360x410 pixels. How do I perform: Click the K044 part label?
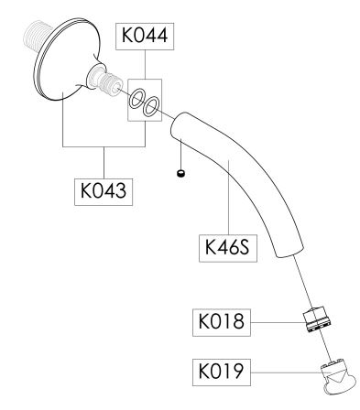click(145, 36)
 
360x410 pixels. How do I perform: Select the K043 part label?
click(104, 191)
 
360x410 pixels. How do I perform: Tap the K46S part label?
click(228, 248)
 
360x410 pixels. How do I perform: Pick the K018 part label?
click(222, 322)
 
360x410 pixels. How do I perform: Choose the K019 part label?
click(222, 372)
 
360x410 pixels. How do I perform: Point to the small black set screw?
click(181, 174)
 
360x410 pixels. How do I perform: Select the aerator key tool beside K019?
click(338, 378)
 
